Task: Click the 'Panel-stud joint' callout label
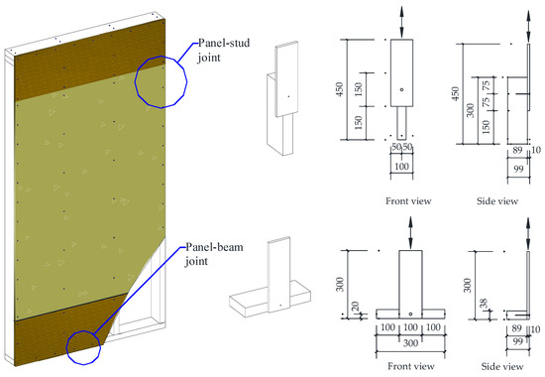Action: tap(224, 51)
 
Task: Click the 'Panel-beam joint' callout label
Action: tap(214, 254)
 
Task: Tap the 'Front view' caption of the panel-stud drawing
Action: tap(408, 200)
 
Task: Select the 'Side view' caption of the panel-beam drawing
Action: tap(502, 366)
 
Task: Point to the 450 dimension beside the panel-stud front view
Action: tap(340, 89)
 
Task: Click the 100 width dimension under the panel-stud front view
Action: tap(401, 167)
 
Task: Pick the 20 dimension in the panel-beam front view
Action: tap(355, 307)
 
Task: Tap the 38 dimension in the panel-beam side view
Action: tap(484, 304)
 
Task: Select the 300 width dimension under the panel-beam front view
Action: tap(410, 343)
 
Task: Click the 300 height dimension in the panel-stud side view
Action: tap(471, 110)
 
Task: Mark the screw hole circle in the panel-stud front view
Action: tap(401, 90)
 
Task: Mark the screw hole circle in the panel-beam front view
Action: tap(410, 314)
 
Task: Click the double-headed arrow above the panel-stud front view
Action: tap(401, 22)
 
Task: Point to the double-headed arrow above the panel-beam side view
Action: tap(528, 233)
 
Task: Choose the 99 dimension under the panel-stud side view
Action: tap(518, 169)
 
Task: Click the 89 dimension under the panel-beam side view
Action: tap(517, 328)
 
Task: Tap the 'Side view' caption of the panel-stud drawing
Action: tap(497, 200)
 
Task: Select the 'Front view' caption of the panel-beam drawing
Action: tap(411, 366)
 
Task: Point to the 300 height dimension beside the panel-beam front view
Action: tap(340, 284)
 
